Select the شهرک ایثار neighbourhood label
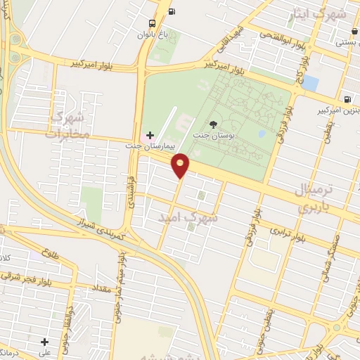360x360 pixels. [x=322, y=14]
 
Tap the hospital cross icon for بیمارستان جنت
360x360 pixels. [x=149, y=134]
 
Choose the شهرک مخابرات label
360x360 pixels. [x=68, y=124]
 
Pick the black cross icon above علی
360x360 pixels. [x=44, y=342]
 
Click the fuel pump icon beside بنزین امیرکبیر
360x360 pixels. [x=347, y=98]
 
